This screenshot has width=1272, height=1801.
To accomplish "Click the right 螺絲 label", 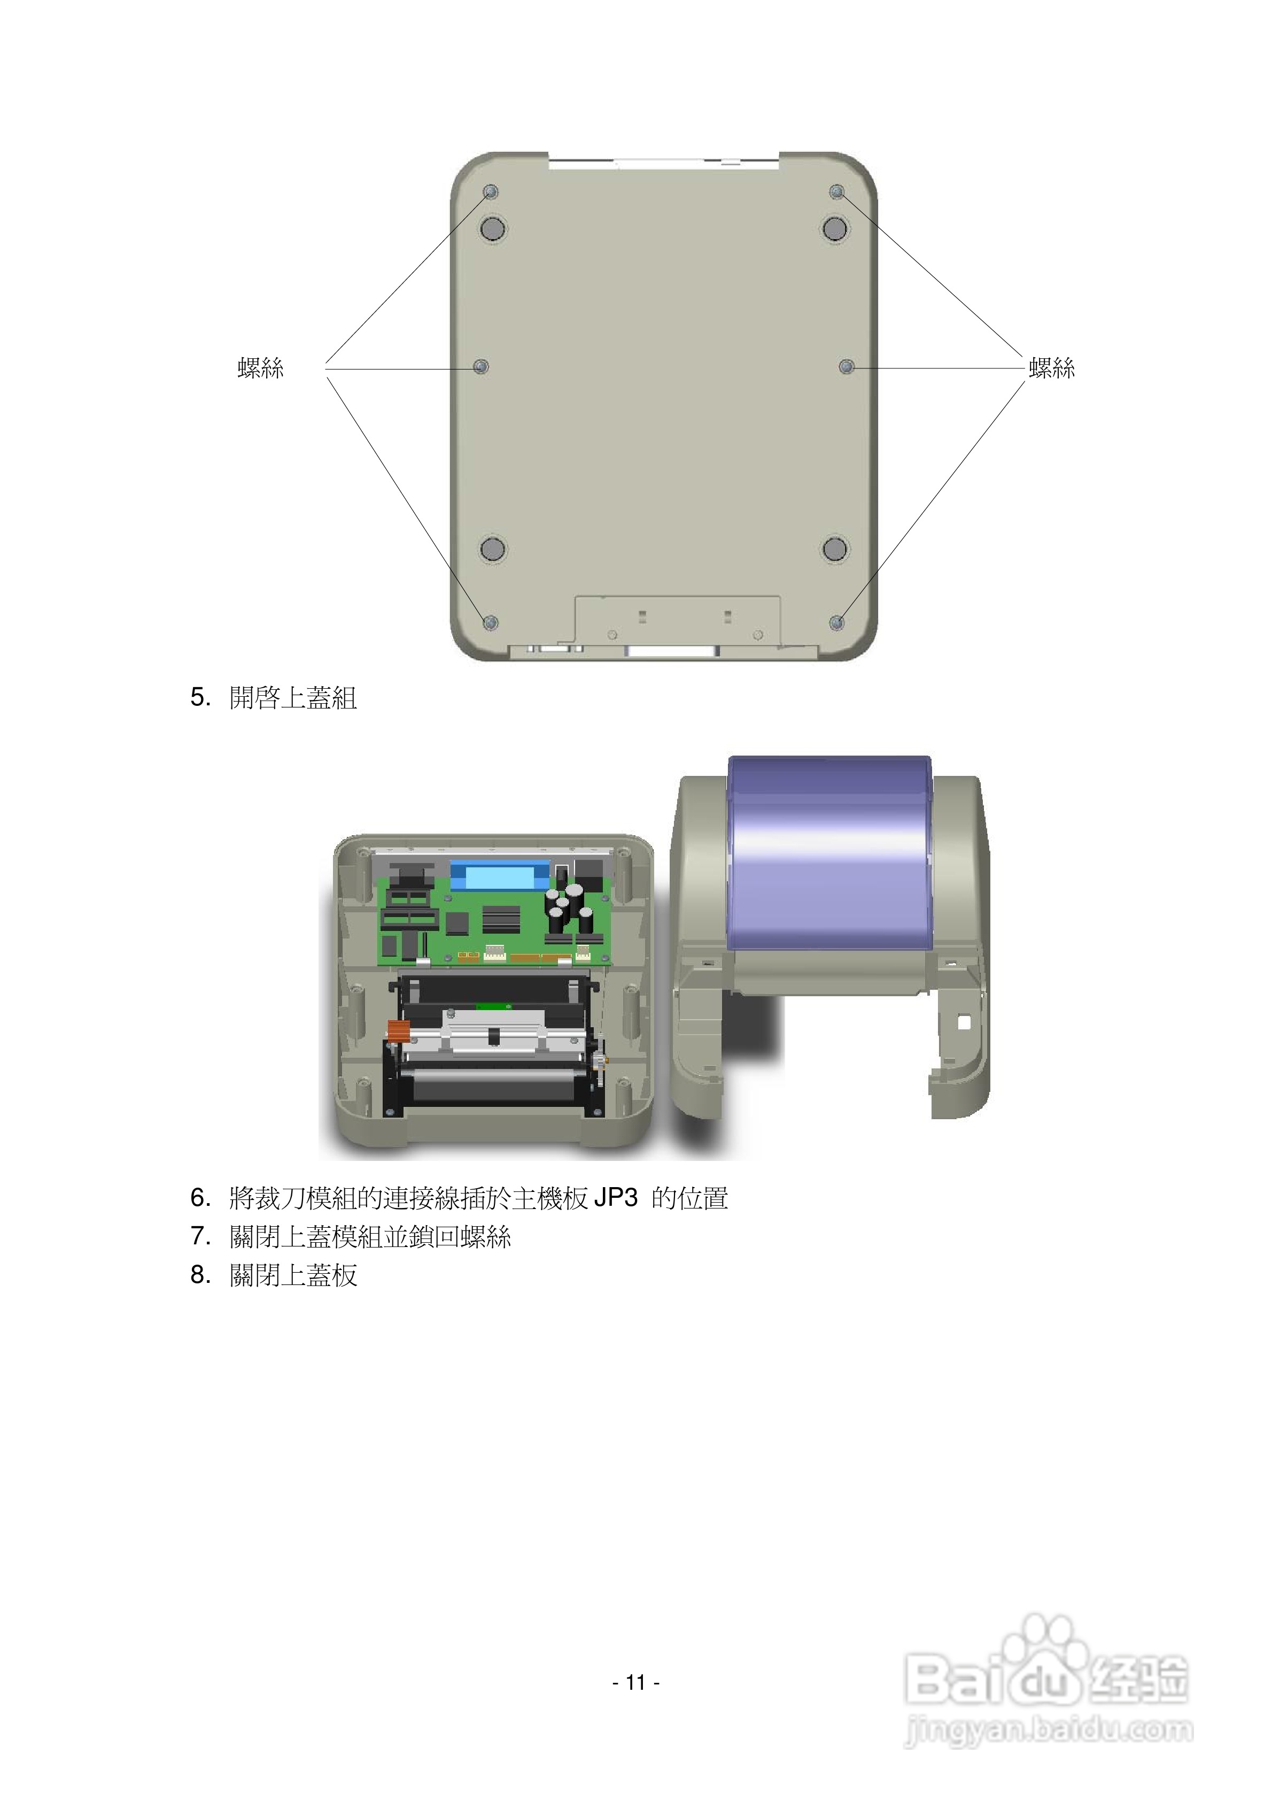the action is click(1052, 367).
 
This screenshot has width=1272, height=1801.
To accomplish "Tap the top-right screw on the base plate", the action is click(837, 191).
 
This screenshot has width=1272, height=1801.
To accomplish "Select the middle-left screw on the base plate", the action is click(480, 366).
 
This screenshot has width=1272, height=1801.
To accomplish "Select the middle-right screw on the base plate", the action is click(846, 366).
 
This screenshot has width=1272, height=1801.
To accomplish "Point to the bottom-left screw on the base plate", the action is click(490, 622).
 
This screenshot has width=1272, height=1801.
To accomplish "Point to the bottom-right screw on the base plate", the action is click(837, 622).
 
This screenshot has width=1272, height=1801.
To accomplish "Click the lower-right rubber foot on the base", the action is click(834, 548).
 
